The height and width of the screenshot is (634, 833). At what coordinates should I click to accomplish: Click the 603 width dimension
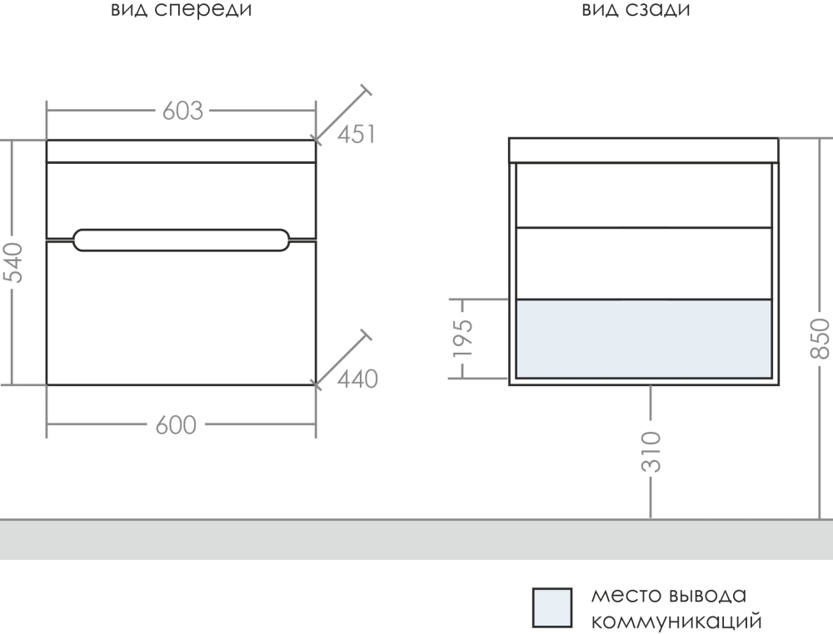(182, 111)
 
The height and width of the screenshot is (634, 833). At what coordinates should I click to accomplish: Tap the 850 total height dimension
(820, 338)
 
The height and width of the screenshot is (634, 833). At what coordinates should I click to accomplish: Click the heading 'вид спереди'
(181, 10)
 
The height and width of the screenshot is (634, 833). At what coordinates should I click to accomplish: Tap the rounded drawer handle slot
(182, 239)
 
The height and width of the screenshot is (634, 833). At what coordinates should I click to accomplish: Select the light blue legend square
(552, 607)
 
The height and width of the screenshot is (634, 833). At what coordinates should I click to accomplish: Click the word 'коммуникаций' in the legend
(676, 621)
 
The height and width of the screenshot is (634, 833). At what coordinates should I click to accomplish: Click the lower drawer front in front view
(182, 316)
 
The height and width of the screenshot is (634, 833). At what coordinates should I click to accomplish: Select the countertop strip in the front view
(182, 151)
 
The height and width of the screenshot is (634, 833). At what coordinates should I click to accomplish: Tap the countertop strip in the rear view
(643, 151)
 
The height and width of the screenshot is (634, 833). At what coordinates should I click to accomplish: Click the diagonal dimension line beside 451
(342, 111)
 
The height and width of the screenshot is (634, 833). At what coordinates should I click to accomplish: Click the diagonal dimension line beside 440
(342, 357)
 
